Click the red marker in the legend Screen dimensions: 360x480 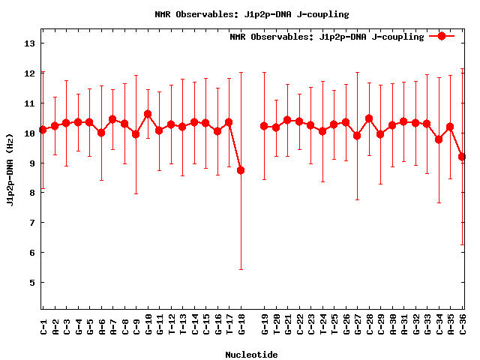point(442,36)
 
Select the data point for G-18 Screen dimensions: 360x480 point(241,170)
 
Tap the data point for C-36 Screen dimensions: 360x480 point(463,157)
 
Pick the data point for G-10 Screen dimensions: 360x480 point(148,114)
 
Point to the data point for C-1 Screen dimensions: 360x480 point(43,130)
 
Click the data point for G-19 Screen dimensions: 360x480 point(264,126)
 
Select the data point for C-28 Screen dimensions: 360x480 point(369,118)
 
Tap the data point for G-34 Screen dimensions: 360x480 point(439,139)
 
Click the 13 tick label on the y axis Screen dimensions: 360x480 point(30,43)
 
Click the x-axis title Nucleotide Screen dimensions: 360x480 point(251,355)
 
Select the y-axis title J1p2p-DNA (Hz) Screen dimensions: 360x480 point(10,170)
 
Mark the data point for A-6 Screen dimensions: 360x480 point(101,133)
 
